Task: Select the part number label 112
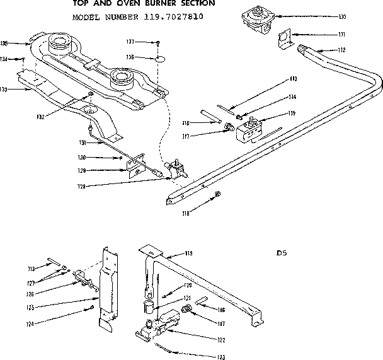[324, 50]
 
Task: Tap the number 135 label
[4, 44]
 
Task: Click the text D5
[282, 255]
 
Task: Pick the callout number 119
[188, 254]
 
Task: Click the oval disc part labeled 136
[161, 59]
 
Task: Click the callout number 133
[4, 90]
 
